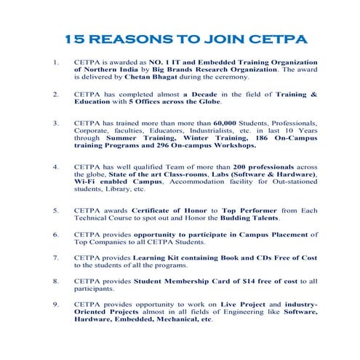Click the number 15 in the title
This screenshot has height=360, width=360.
point(74,38)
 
